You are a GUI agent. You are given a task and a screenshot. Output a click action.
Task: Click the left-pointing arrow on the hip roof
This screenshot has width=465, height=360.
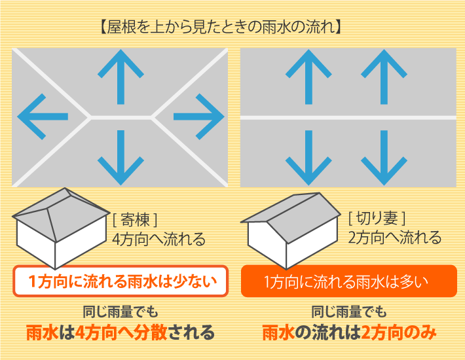pos(42,117)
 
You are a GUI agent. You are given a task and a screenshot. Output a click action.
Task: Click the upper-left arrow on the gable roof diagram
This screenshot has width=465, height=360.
pos(307,77)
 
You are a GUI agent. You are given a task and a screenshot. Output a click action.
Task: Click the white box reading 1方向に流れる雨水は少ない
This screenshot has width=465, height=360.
pos(121,282)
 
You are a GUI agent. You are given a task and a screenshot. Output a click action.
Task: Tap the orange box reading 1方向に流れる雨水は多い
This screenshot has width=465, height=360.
pos(348,282)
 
